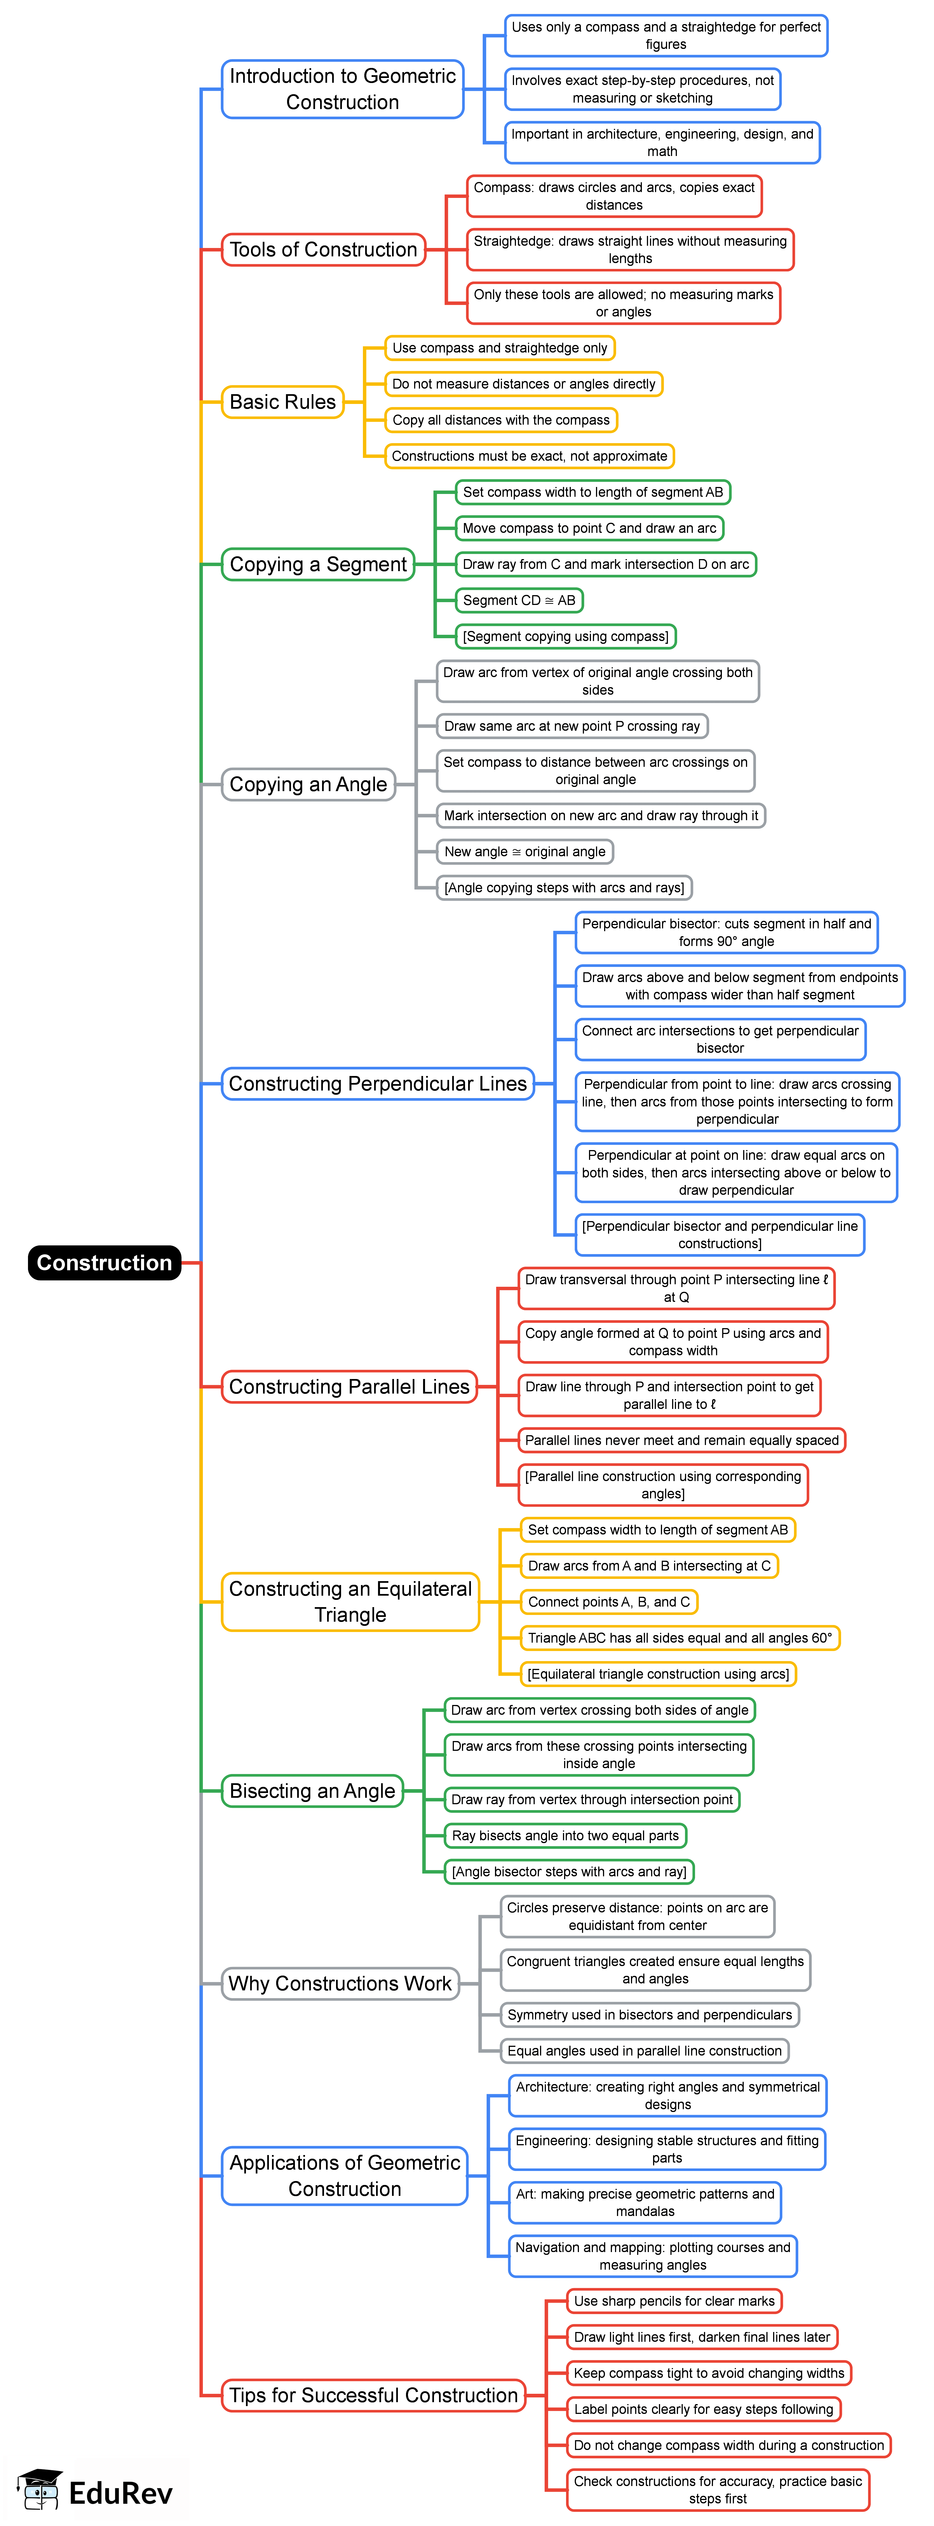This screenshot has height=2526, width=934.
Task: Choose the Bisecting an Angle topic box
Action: pyautogui.click(x=312, y=1791)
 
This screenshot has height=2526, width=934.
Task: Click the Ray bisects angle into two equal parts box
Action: pyautogui.click(x=565, y=1836)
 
